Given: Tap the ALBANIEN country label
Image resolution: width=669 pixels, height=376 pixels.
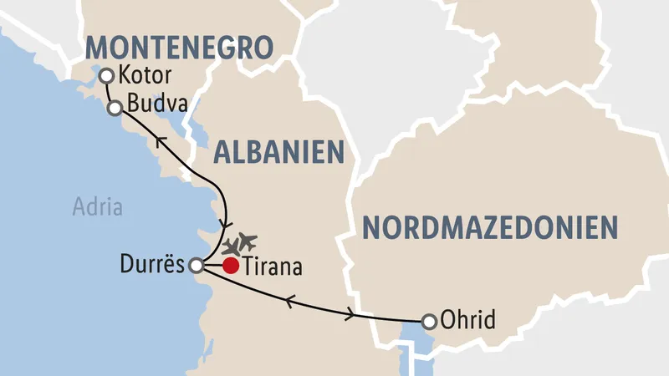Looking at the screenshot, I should (x=279, y=152).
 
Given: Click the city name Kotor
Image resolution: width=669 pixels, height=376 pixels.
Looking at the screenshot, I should (x=145, y=75).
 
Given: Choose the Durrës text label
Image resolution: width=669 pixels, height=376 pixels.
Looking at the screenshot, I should (x=156, y=267).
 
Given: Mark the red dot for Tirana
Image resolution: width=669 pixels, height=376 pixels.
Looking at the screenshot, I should (x=231, y=267).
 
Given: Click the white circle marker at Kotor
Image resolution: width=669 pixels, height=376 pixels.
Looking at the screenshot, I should (x=106, y=76).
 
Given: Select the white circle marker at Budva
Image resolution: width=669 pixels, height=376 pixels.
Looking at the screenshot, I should (x=116, y=107).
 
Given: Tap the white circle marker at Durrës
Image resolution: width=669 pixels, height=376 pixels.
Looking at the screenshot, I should (x=196, y=266).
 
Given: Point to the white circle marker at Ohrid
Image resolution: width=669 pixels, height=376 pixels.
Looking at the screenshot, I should (x=429, y=320).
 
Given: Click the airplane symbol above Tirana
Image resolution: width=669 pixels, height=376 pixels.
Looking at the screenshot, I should (x=239, y=244).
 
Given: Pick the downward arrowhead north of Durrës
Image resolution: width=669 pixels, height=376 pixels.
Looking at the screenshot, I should (x=223, y=223).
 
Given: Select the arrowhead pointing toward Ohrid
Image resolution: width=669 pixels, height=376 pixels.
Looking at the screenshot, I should (x=350, y=314).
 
